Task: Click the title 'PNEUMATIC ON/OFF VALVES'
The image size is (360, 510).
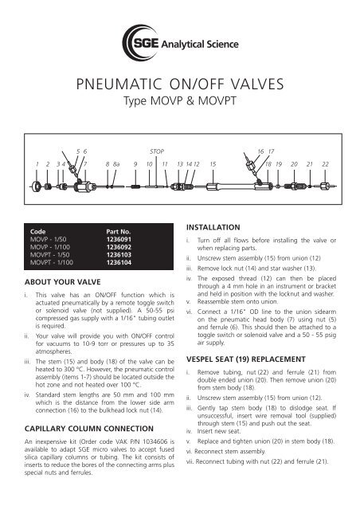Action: [x=180, y=84]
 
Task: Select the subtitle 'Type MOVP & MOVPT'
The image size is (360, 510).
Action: [x=180, y=104]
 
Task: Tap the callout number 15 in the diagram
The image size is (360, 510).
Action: [x=213, y=163]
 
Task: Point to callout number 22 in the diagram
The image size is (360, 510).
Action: [x=325, y=163]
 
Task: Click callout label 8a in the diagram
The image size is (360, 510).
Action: [x=117, y=163]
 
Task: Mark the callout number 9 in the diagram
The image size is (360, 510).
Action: [x=135, y=163]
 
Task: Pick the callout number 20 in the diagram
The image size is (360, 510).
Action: [x=294, y=163]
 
